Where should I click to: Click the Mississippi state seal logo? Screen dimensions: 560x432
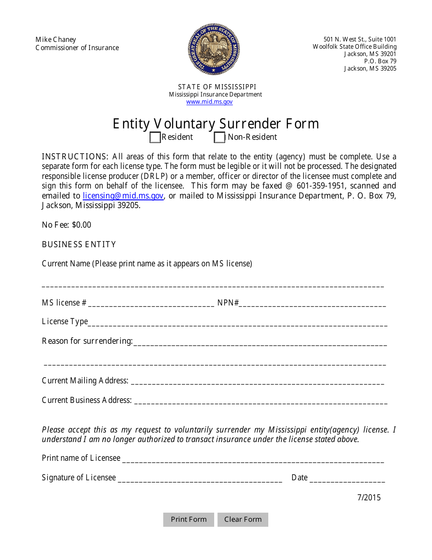pyautogui.click(x=214, y=49)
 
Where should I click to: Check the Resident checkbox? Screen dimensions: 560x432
pyautogui.click(x=155, y=137)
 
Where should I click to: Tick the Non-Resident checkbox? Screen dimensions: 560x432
pyautogui.click(x=220, y=137)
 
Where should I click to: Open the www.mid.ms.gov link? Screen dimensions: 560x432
pyautogui.click(x=209, y=102)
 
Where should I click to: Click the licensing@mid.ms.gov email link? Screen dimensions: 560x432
pyautogui.click(x=123, y=196)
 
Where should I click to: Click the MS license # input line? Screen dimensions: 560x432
pyautogui.click(x=151, y=304)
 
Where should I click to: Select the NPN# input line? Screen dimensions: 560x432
pyautogui.click(x=313, y=304)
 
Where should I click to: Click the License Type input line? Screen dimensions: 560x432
pyautogui.click(x=237, y=323)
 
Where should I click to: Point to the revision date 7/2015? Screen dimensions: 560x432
pyautogui.click(x=369, y=497)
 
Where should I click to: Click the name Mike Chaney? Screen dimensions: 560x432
pyautogui.click(x=56, y=40)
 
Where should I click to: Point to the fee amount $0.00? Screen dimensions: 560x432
pyautogui.click(x=81, y=225)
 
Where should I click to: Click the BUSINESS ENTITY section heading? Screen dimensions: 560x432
pyautogui.click(x=79, y=244)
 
